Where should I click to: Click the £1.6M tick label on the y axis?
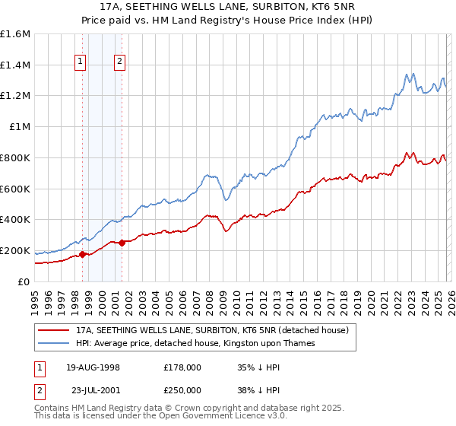(15, 34)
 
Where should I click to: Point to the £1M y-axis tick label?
(20, 127)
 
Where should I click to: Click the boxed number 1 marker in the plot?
(81, 63)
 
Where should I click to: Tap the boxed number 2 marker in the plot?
(120, 63)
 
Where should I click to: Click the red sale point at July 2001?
(122, 243)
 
